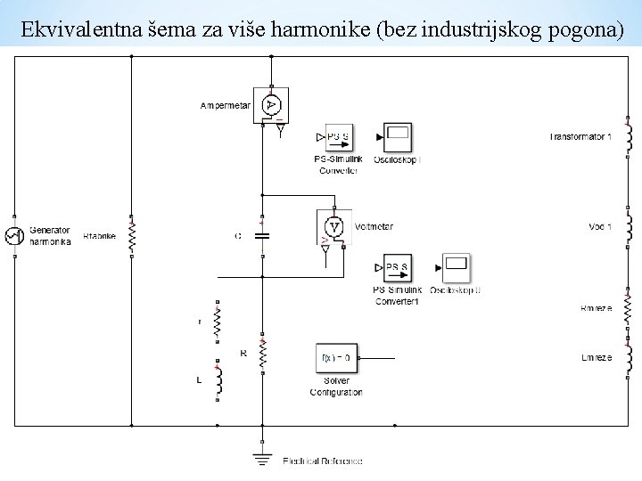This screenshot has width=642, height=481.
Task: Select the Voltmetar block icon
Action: [x=333, y=227]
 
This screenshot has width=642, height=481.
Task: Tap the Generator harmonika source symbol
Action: [x=14, y=235]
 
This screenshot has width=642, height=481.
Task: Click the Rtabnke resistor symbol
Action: [x=131, y=235]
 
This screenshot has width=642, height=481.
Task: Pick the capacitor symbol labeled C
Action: [x=262, y=236]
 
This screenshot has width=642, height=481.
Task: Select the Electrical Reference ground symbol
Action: [x=262, y=459]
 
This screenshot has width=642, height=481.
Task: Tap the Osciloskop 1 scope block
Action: [x=398, y=137]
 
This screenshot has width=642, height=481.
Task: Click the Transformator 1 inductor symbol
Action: [x=628, y=136]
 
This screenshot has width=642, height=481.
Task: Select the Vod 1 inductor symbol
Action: [x=628, y=226]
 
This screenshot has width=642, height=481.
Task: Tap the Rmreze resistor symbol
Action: [x=628, y=307]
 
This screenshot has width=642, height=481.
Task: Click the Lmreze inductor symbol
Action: [x=628, y=356]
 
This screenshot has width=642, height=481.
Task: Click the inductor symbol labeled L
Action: [x=217, y=380]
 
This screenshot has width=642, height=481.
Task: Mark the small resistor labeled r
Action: [x=217, y=321]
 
